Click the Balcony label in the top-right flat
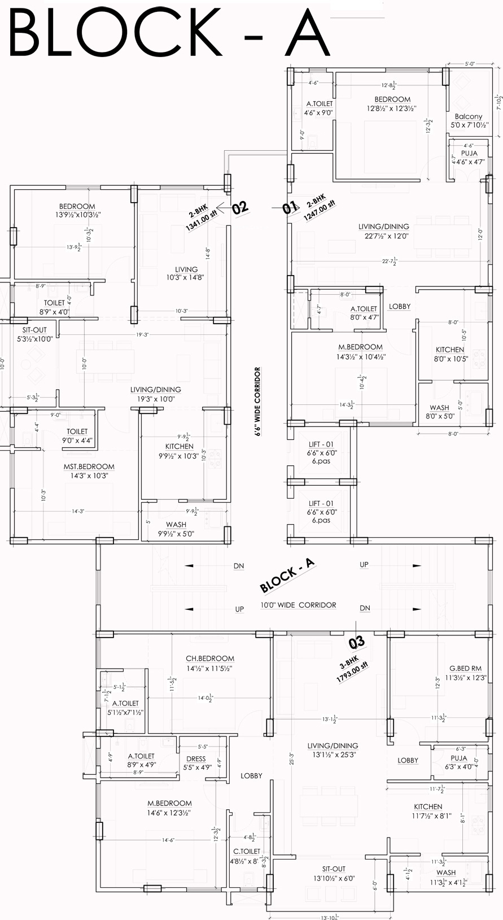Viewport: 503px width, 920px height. click(x=468, y=116)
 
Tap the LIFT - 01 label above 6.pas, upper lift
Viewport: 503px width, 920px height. click(x=321, y=444)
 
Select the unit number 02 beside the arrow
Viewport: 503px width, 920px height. click(x=240, y=207)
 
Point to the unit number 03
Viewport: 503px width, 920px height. click(x=357, y=642)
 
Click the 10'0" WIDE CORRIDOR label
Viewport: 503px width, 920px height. click(x=298, y=605)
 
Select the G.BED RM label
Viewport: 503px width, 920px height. click(x=466, y=668)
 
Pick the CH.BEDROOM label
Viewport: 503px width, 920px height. click(x=210, y=659)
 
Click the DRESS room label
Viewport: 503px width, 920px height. click(x=196, y=758)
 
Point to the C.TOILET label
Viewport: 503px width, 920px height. click(x=247, y=851)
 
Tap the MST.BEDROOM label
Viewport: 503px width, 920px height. click(x=89, y=466)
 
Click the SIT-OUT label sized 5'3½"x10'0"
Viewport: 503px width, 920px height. click(x=34, y=330)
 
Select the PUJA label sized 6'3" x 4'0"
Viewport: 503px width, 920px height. click(x=459, y=758)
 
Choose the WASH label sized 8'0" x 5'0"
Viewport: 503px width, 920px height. click(x=439, y=407)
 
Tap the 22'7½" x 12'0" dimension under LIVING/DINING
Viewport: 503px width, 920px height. click(x=383, y=236)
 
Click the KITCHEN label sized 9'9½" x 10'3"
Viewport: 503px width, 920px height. click(x=180, y=446)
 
